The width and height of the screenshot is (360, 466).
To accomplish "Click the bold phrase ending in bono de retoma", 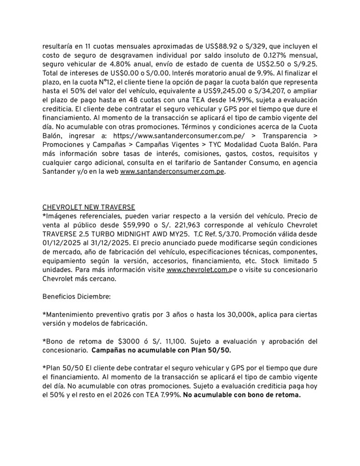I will [x=242, y=395].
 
